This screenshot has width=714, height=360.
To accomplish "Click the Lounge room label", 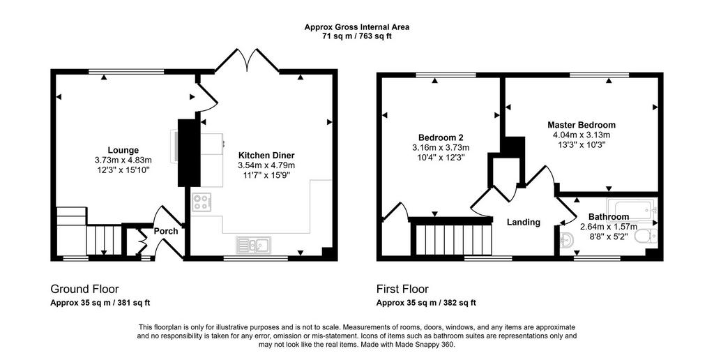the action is point(123,150).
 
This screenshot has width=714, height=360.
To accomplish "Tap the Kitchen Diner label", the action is point(266,155).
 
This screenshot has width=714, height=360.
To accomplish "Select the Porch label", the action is point(166,231).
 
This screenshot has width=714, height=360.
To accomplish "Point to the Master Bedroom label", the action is point(582,125).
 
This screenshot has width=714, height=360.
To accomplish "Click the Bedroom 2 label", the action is point(441,137).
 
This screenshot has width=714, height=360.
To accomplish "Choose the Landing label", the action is point(524,222).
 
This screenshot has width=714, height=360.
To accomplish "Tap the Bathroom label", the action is point(608,217).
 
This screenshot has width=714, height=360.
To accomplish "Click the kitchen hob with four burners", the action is point(201,202).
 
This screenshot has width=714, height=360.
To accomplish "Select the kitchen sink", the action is point(253,245).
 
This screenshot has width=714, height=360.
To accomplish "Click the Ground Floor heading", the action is point(84,289).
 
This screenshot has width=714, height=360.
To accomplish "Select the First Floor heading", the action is point(402,289).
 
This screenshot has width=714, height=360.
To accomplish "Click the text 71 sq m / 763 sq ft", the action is point(357,36).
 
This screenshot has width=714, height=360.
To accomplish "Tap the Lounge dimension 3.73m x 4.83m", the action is point(123,160).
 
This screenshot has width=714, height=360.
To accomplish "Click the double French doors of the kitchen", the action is point(247,60).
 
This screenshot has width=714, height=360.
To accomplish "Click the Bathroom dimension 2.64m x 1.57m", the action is point(608,227).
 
